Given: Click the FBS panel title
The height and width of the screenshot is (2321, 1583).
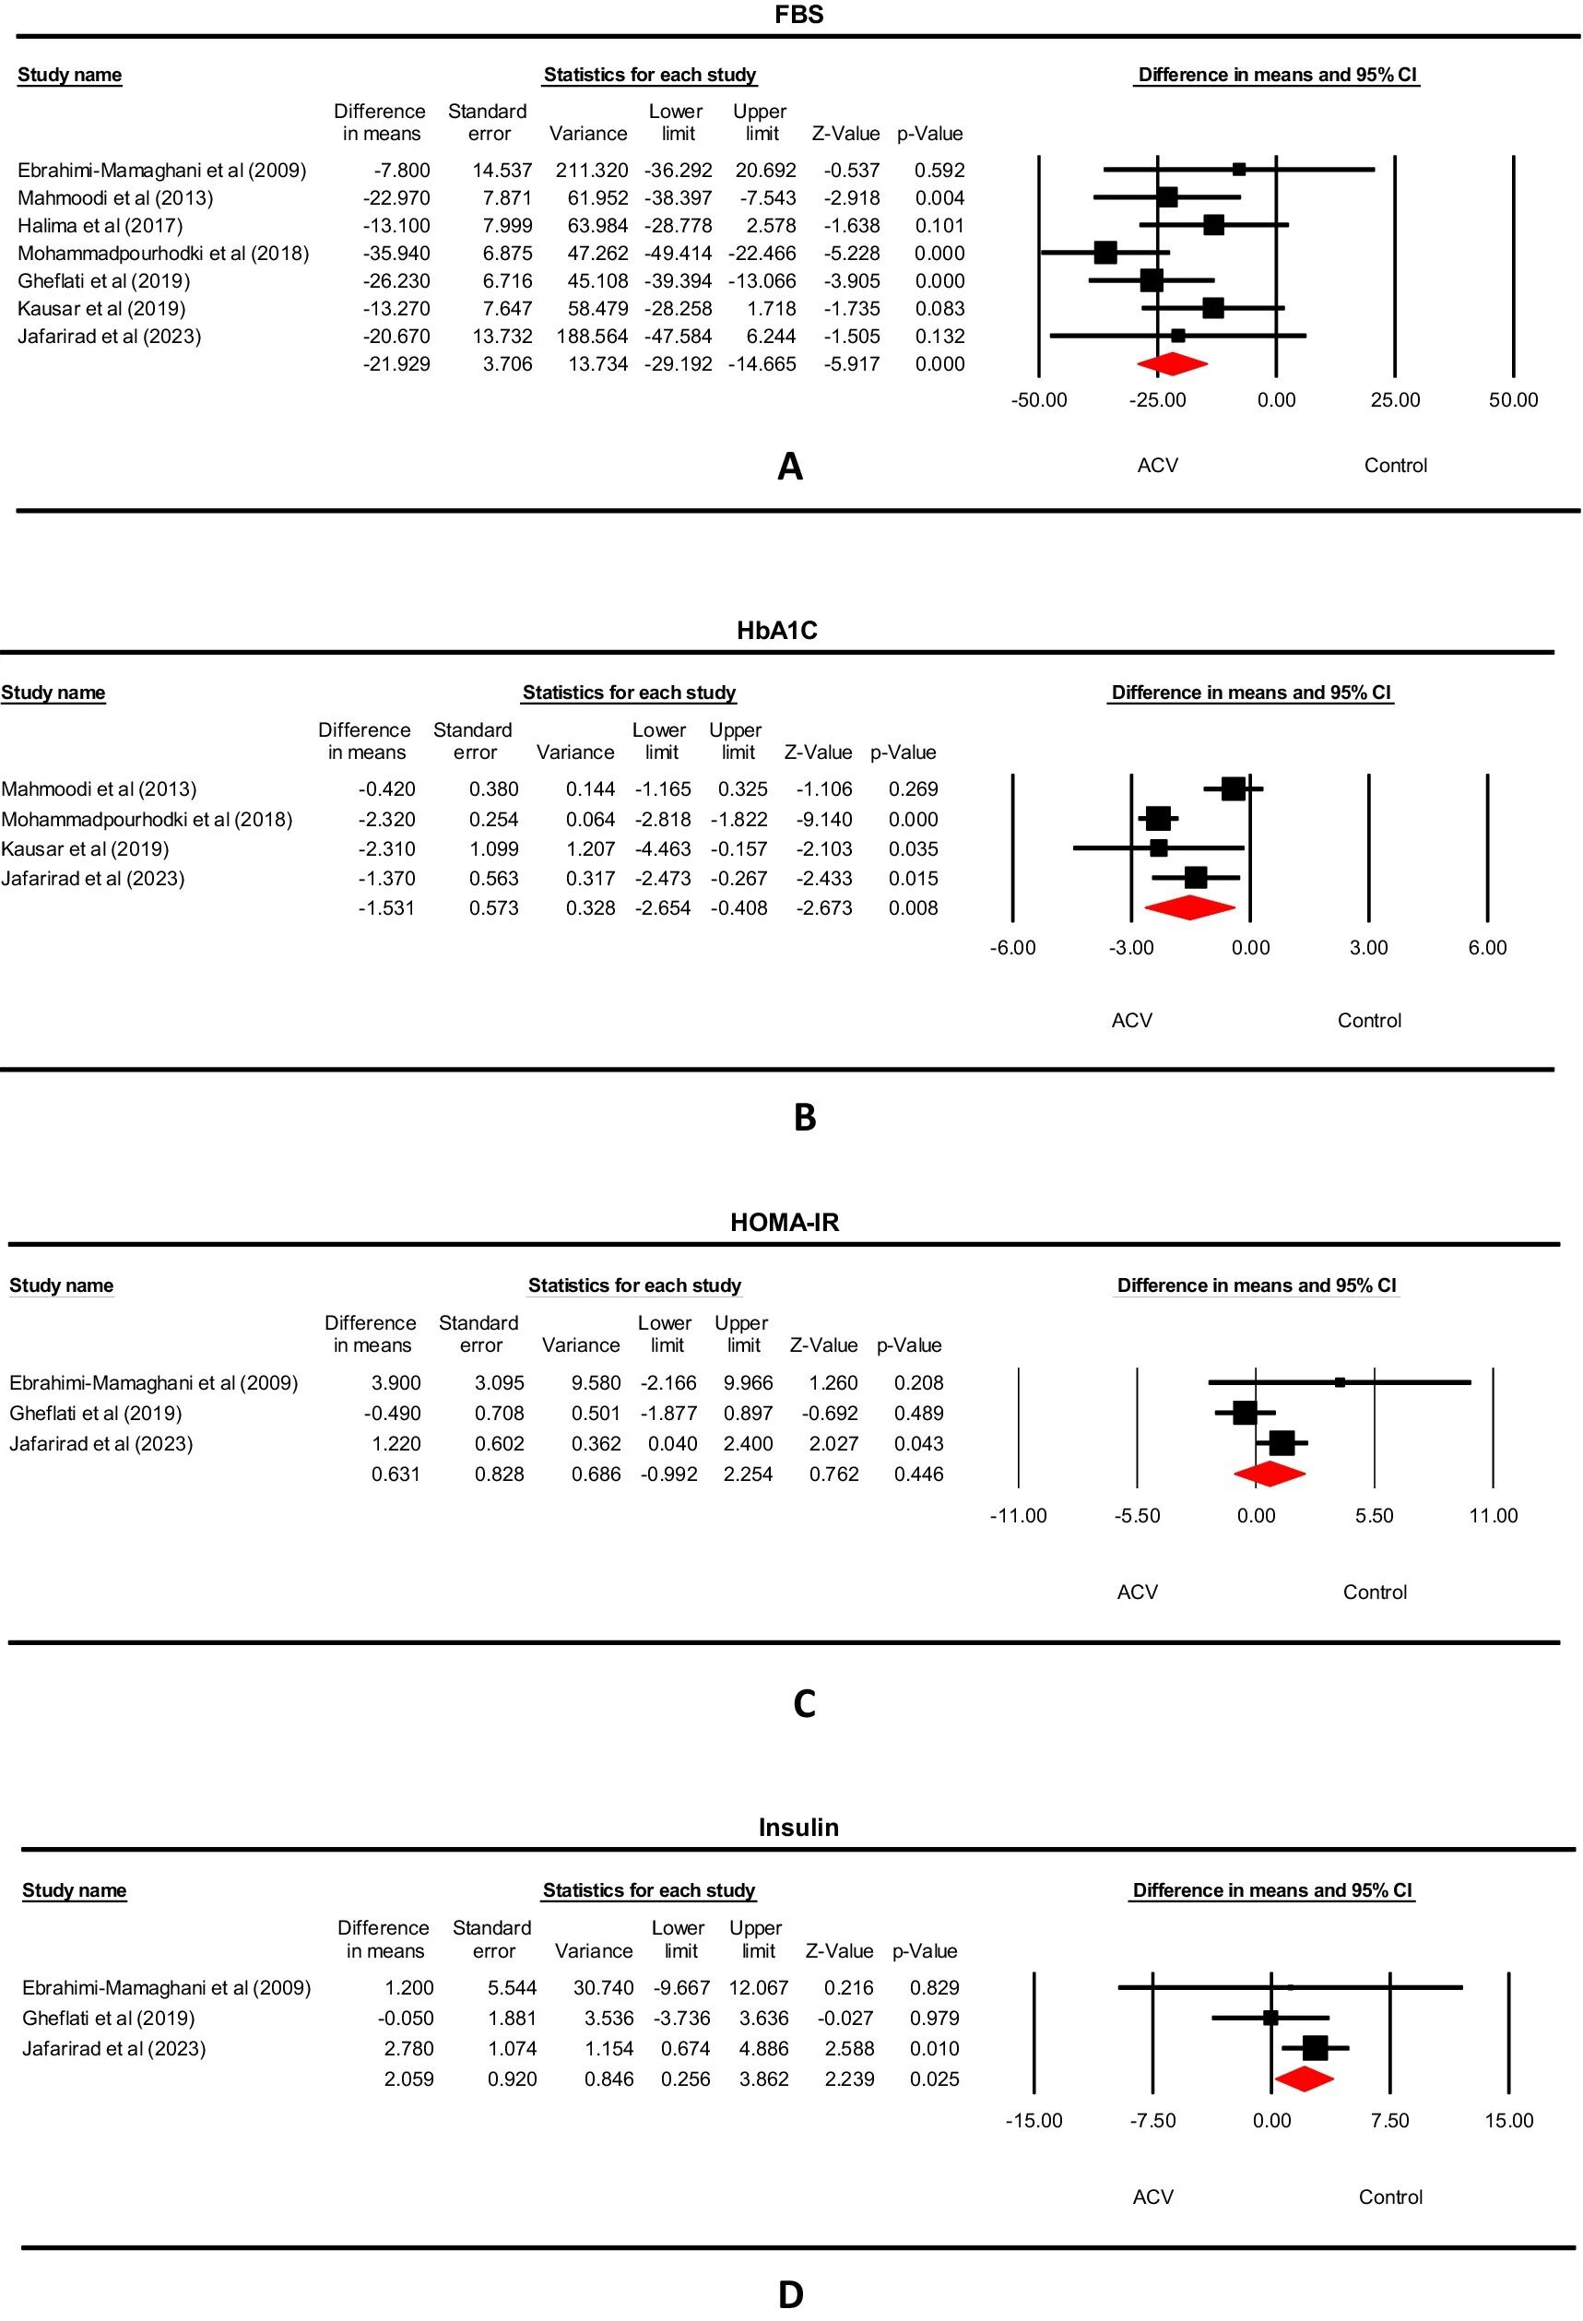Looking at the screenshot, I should (x=798, y=14).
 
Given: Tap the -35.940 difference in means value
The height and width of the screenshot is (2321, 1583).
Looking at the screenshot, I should (x=396, y=254).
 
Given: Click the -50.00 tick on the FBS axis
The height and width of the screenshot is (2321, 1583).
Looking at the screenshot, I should (x=1039, y=400).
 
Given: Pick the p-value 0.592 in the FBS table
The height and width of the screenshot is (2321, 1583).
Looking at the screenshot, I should (x=939, y=171).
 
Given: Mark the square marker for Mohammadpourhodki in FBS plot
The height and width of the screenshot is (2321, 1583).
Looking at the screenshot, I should (x=1105, y=253).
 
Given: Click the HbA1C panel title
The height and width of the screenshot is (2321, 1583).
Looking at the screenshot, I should (x=776, y=630).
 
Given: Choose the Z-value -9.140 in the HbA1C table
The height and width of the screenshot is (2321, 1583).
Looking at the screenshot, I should (x=824, y=820).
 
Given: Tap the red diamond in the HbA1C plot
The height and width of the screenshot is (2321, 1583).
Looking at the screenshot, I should (x=1188, y=907).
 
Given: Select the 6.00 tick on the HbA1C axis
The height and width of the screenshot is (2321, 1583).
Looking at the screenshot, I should (x=1487, y=948).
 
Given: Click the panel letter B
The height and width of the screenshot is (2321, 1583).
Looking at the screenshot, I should (x=804, y=1118).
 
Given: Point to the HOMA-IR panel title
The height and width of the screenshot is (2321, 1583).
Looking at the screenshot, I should (x=784, y=1223).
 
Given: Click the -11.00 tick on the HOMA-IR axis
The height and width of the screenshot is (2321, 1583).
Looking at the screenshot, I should (x=1018, y=1516).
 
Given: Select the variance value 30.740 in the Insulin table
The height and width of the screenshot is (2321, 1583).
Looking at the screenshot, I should (x=603, y=1987).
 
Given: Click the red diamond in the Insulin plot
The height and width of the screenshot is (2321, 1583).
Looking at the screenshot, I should (x=1304, y=2079).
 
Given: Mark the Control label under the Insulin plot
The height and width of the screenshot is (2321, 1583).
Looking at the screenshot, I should (x=1390, y=2197).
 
